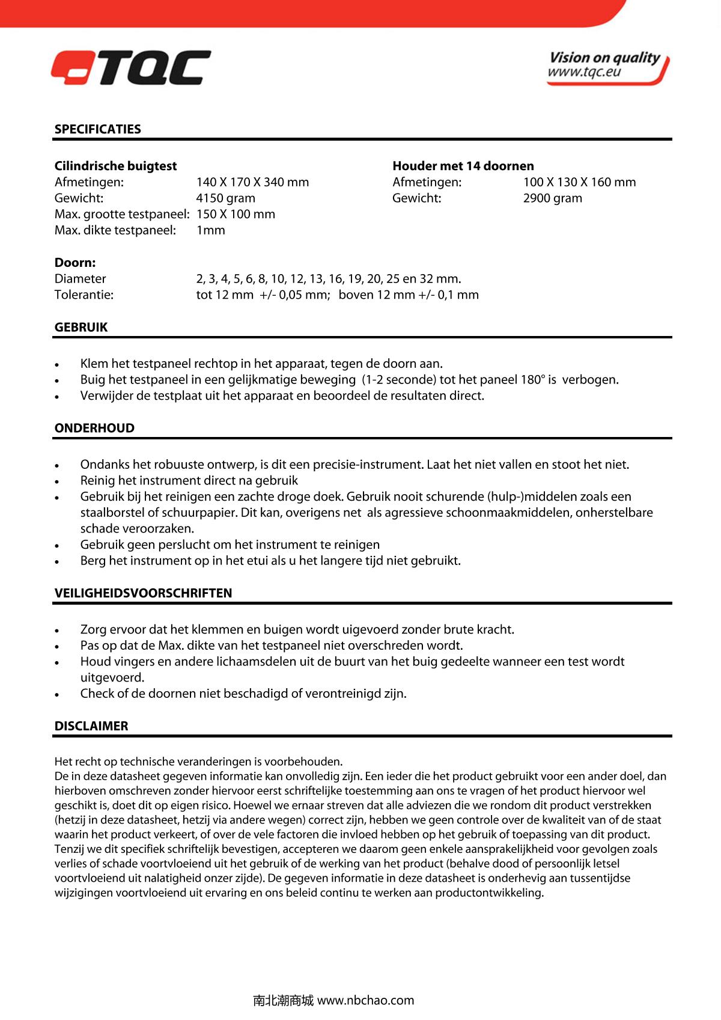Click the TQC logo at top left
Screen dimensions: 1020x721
[x=131, y=67]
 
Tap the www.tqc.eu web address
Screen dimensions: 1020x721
[x=583, y=73]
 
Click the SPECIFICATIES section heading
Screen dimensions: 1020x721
[x=97, y=129]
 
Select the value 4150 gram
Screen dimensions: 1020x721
[x=225, y=198]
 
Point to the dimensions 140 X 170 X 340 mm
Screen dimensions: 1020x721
[x=252, y=182]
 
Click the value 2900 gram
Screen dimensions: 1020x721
[x=552, y=198]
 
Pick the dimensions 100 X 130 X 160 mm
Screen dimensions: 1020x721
[x=579, y=182]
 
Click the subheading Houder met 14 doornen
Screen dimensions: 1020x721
[x=463, y=166]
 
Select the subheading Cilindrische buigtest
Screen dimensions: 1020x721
[x=115, y=166]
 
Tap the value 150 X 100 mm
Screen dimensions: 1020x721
[x=236, y=215]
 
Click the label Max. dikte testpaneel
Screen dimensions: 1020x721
[x=115, y=230]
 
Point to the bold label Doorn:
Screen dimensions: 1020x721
[x=75, y=263]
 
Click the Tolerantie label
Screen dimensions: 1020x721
[x=84, y=295]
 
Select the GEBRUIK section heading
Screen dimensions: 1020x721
[x=81, y=328]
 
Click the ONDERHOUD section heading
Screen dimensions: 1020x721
[x=94, y=429]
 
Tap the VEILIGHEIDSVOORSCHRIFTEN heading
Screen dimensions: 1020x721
[x=143, y=593]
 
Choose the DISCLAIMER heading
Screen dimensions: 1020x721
[x=91, y=726]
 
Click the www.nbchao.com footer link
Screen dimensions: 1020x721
[x=365, y=1001]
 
